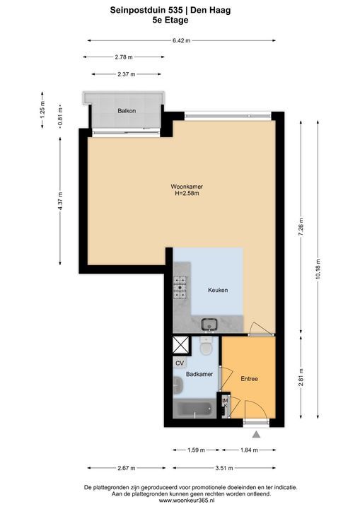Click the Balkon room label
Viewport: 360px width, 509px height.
tap(127, 111)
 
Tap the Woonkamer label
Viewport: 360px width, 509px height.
tap(187, 187)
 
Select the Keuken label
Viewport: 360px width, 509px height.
tap(218, 290)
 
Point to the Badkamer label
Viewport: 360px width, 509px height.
tap(199, 374)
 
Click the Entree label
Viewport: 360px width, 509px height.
tap(249, 379)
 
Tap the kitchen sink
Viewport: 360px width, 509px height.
tap(209, 324)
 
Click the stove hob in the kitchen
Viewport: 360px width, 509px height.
tap(180, 287)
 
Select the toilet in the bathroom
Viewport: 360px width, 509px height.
tap(206, 346)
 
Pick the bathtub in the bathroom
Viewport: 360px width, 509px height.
tap(194, 409)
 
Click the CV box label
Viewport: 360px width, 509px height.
tap(180, 363)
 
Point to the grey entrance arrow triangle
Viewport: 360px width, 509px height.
tap(256, 434)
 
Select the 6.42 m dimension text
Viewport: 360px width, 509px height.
tap(181, 40)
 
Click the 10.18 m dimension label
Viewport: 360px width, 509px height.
tap(318, 270)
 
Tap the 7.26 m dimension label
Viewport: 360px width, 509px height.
tap(301, 227)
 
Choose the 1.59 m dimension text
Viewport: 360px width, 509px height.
tap(196, 450)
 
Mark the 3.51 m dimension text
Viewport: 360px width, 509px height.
tap(224, 468)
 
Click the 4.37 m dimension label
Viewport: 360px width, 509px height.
tap(60, 201)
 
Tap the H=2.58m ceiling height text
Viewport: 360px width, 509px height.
tap(187, 194)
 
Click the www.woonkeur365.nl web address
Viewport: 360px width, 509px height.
tap(191, 501)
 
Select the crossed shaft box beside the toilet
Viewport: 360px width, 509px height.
tap(181, 345)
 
